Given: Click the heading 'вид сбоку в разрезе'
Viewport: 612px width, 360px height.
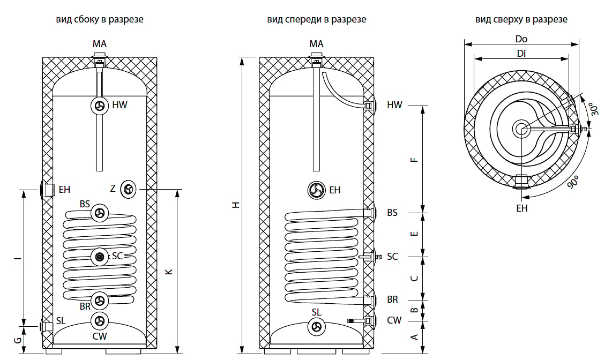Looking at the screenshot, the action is click(100, 19).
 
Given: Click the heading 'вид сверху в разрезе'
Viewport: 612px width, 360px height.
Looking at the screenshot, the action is click(521, 19).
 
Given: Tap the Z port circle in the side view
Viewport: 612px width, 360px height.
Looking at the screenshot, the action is click(128, 190).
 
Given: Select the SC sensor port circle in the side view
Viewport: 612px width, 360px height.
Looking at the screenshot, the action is click(100, 257).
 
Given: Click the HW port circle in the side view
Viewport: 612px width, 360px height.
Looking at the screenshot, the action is click(100, 106).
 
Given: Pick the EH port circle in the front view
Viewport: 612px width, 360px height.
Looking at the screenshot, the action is click(316, 190).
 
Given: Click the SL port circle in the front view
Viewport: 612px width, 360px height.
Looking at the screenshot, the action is click(316, 326).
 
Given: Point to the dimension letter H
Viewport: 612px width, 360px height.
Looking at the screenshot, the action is click(236, 205).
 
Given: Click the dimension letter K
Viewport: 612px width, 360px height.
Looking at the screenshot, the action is click(169, 272).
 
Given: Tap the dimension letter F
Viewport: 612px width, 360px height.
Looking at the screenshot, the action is click(414, 160).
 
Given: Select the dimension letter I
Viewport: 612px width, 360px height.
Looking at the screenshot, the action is click(18, 258).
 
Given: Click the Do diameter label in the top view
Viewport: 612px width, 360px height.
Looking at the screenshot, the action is click(521, 39).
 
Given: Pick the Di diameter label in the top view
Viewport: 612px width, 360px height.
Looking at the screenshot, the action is click(521, 54).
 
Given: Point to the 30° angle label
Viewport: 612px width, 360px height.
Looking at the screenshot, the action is click(594, 109).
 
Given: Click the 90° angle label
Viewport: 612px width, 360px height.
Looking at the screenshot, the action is click(573, 182).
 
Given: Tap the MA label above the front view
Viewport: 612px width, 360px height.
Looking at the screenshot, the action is click(316, 44).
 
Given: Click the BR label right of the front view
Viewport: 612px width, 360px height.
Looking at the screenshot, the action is click(392, 299).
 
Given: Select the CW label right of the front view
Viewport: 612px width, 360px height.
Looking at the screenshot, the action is click(394, 320).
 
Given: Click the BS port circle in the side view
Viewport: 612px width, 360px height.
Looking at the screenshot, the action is click(100, 213).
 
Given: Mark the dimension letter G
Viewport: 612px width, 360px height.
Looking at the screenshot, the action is click(18, 340).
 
